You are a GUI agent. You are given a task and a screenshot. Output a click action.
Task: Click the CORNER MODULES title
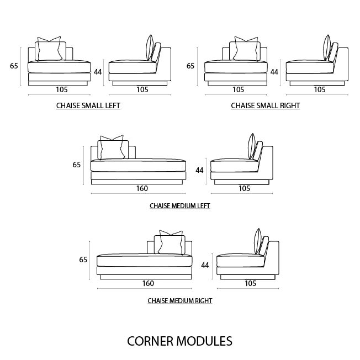point(179,341)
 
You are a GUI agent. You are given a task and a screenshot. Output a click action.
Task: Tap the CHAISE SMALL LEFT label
point(88,105)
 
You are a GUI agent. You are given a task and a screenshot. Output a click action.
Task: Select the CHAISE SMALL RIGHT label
point(266,105)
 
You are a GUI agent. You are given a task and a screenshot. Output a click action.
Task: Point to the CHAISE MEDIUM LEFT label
point(179,206)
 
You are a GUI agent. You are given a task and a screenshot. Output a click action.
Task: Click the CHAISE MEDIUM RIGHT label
point(180,301)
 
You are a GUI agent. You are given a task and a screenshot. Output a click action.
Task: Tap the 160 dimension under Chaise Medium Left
point(142,188)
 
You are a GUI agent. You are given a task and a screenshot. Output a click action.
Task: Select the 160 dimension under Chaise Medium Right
point(148,283)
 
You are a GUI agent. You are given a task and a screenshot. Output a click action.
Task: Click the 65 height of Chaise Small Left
point(14,66)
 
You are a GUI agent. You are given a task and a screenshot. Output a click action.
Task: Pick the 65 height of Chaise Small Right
point(190,66)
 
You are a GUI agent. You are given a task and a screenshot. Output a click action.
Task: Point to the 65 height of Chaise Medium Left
point(77,165)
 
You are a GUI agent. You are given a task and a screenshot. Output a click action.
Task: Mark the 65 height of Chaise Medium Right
point(83,260)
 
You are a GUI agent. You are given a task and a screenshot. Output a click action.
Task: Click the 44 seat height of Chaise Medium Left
point(200,170)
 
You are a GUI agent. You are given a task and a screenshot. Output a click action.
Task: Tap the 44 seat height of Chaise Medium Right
point(205,265)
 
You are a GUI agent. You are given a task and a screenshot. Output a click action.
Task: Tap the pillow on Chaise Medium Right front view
point(171,243)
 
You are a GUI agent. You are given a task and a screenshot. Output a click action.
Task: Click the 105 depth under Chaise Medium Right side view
point(250,283)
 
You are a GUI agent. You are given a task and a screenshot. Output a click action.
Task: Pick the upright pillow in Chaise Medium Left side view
point(253,146)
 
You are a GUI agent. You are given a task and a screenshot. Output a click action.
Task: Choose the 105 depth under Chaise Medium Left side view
point(244,188)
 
